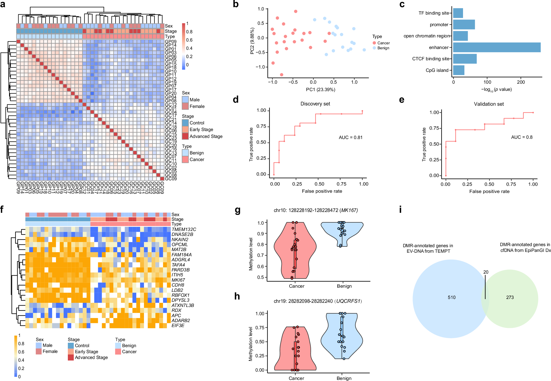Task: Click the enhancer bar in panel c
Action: [x=496, y=47]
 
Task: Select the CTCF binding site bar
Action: [x=465, y=59]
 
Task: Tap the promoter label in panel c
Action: [x=439, y=25]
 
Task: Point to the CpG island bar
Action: [x=459, y=70]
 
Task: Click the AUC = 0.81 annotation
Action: [x=351, y=137]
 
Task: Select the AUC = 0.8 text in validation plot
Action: [x=522, y=137]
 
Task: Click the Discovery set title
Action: [x=315, y=104]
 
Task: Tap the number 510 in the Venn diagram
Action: [x=451, y=297]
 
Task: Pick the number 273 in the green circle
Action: [x=510, y=297]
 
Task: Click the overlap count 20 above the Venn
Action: [x=486, y=272]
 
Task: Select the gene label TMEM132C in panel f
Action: [x=184, y=229]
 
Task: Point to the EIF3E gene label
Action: [x=178, y=325]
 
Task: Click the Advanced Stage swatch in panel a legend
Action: [x=185, y=136]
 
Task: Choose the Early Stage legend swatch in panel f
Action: [x=71, y=352]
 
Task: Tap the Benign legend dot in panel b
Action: [x=374, y=48]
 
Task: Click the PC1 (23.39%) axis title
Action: [x=320, y=89]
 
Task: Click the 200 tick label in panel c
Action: [x=521, y=82]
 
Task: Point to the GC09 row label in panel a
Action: [x=171, y=179]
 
